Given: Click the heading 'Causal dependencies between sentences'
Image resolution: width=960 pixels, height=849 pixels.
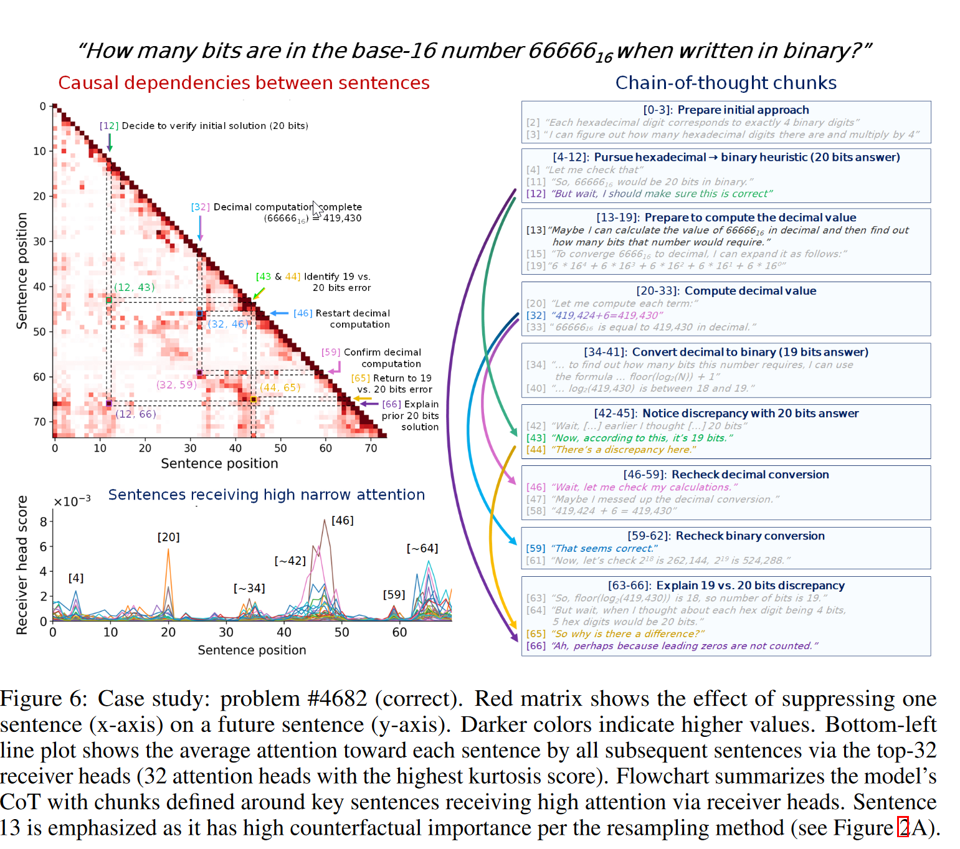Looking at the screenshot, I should [244, 83].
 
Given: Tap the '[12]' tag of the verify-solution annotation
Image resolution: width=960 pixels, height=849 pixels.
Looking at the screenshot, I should [109, 126].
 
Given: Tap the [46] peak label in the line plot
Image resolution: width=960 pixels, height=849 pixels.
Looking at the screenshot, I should [342, 521].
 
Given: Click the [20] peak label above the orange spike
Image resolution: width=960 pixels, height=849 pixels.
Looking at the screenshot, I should [168, 537].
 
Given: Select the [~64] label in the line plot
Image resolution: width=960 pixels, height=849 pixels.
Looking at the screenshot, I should [422, 549].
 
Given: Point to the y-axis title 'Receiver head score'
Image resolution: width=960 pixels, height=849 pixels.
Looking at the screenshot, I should [22, 565].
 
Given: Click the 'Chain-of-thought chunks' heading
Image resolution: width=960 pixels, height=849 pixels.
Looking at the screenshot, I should [726, 83].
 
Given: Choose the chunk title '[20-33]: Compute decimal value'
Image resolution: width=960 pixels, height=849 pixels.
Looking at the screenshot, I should [726, 291].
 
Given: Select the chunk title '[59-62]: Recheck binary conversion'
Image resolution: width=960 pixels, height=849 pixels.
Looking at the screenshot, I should [726, 536].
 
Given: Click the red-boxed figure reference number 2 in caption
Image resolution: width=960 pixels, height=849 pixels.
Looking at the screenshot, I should [903, 828].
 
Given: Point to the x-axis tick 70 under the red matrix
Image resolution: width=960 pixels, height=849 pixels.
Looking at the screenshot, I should [371, 448].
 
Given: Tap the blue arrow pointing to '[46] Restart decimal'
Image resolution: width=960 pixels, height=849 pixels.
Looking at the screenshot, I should [279, 313].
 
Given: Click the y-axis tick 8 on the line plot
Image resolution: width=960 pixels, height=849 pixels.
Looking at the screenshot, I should [44, 521].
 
